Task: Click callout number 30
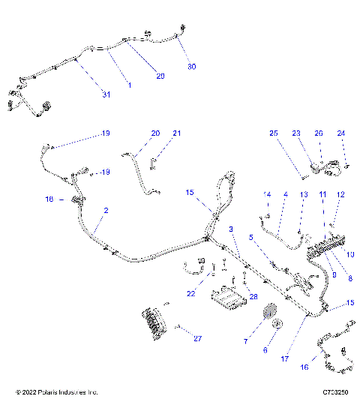click(x=191, y=67)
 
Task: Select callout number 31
click(x=106, y=94)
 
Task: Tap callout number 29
click(x=159, y=75)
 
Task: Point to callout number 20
click(x=155, y=133)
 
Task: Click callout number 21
click(x=177, y=133)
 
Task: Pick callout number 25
click(x=274, y=133)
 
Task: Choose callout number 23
click(x=296, y=133)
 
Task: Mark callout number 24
click(x=341, y=133)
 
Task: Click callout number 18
click(x=49, y=199)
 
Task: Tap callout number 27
click(x=197, y=339)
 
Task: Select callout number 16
click(x=304, y=368)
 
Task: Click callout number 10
click(x=350, y=254)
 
